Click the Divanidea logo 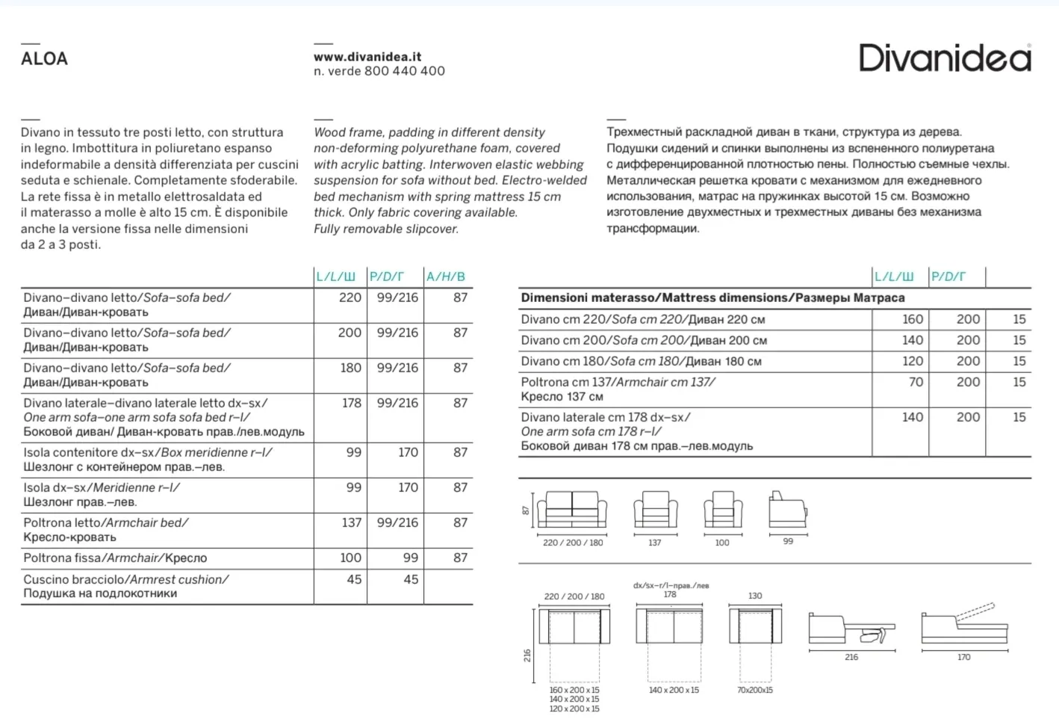(x=945, y=58)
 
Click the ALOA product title (x=44, y=58)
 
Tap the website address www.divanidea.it (x=367, y=56)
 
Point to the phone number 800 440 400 (x=405, y=71)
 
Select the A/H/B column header (x=446, y=277)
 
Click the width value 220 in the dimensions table (x=350, y=297)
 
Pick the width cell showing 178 (x=351, y=403)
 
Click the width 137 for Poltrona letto (x=351, y=522)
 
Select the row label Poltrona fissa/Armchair (x=115, y=558)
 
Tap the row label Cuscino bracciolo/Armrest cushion (x=125, y=586)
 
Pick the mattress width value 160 (x=912, y=319)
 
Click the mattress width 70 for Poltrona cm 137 (x=916, y=382)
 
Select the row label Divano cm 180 (x=641, y=361)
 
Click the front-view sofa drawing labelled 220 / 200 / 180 (x=572, y=510)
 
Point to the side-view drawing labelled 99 (x=787, y=510)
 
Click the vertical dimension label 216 (x=527, y=655)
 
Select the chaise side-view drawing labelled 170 (x=964, y=625)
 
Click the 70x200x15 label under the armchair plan (x=754, y=690)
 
